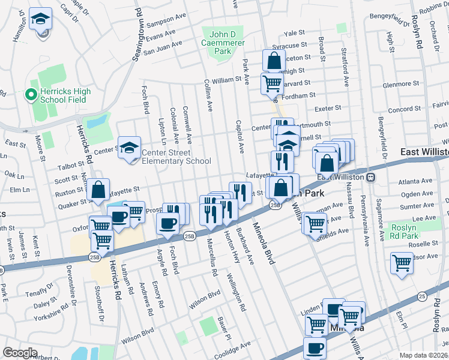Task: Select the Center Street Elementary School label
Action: (x=176, y=157)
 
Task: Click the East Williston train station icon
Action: (x=371, y=177)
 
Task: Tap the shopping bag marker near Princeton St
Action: (x=274, y=61)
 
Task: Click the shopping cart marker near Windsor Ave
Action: (x=402, y=263)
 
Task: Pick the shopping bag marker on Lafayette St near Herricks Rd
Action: (x=98, y=190)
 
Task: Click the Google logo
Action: (x=20, y=353)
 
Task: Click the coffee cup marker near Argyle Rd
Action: (x=167, y=223)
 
